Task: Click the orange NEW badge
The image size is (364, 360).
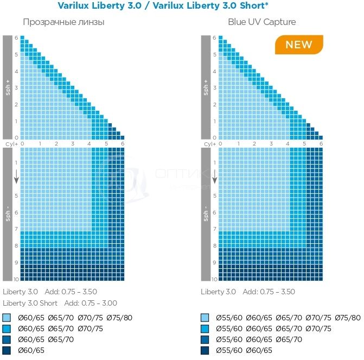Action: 299,45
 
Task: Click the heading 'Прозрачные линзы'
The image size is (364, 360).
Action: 63,22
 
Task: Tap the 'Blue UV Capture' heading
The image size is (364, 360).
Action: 262,22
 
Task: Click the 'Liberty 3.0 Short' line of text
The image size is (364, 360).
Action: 30,303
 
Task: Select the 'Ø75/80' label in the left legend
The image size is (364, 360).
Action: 120,318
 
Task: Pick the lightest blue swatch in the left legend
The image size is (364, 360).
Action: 7,318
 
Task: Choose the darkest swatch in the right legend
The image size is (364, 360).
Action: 205,350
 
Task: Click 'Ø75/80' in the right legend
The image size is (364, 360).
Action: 348,318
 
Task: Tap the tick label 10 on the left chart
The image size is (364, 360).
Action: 16,279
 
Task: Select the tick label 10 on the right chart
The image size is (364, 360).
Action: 214,279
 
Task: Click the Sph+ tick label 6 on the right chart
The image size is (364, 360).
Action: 214,37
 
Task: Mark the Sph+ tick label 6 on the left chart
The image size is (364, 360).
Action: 16,37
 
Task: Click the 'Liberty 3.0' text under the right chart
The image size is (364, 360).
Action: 218,292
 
